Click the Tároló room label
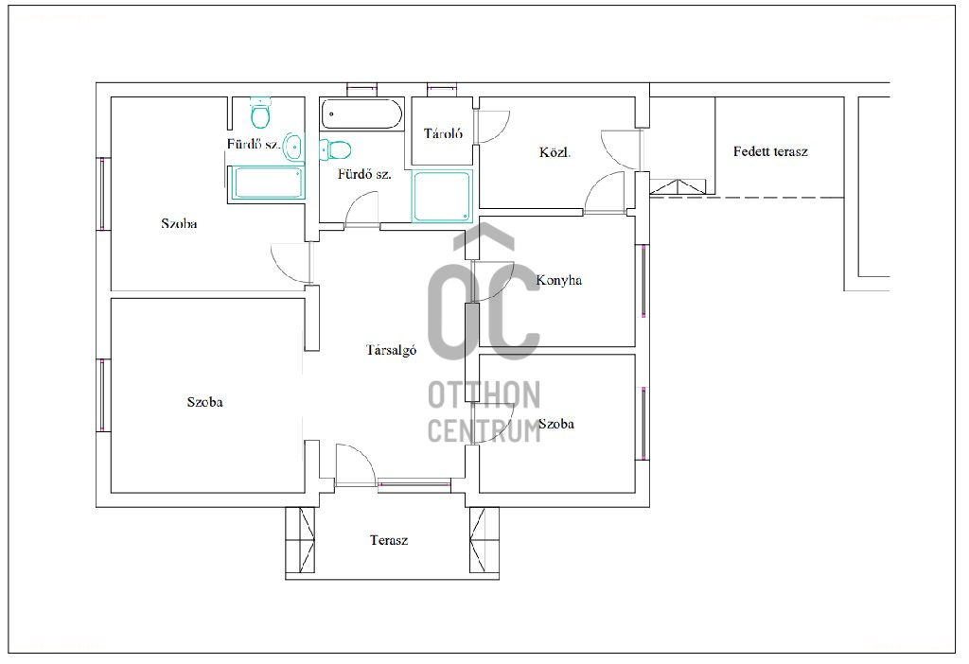point(443,133)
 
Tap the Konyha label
point(558,280)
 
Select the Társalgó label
point(391,350)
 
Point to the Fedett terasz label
point(770,151)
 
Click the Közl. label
point(555,152)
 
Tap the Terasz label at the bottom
point(389,540)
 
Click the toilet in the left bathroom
point(261,112)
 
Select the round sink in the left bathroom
point(293,147)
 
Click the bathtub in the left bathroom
point(266,183)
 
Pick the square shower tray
point(442,196)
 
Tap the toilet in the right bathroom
point(335,149)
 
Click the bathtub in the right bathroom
point(361,114)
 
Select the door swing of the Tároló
point(492,127)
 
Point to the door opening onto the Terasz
point(356,465)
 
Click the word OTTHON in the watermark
point(484,395)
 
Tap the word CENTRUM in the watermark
point(484,430)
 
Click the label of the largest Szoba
point(204,402)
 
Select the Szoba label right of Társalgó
point(556,424)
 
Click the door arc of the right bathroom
point(361,209)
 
